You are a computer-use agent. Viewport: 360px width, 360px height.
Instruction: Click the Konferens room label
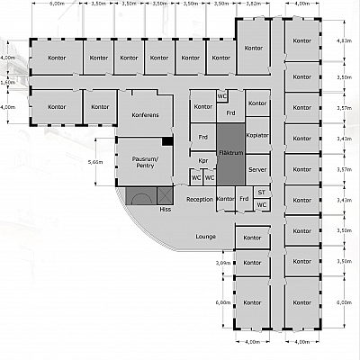coord(145,115)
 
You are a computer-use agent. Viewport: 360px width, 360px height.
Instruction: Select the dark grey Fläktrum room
coord(230,153)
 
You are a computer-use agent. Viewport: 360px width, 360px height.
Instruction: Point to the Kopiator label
coord(257,134)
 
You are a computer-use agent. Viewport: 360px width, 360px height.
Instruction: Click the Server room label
coord(257,169)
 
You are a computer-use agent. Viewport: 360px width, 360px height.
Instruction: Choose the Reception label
coord(200,199)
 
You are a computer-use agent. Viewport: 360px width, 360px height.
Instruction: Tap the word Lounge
coord(205,236)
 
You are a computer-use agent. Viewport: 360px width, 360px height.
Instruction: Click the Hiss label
coord(165,209)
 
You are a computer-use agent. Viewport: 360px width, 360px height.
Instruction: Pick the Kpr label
coord(203,162)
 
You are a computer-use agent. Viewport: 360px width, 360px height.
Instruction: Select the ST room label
coord(261,191)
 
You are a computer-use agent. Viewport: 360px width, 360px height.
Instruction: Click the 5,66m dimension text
coord(94,162)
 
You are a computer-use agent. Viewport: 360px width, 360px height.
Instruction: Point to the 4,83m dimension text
coord(343,41)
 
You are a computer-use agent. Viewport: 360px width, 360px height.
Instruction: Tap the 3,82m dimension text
coord(253,4)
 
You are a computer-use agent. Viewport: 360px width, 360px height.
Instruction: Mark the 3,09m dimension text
coord(223,263)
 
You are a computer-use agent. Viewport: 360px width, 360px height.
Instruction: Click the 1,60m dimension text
coord(8,82)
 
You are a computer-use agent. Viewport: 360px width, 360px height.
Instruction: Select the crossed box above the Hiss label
coord(164,194)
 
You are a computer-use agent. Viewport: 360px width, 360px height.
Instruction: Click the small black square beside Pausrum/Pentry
coord(166,142)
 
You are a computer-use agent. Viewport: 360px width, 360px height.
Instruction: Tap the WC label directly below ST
coord(261,204)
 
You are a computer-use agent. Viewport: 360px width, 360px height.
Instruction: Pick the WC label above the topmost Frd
coord(221,96)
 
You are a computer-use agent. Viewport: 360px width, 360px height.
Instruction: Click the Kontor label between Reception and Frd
coord(225,199)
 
